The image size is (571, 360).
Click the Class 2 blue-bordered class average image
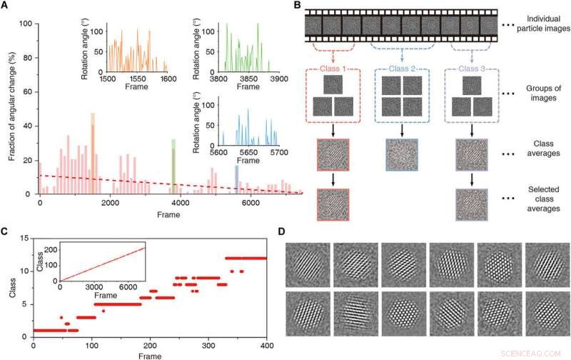pos(400,154)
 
